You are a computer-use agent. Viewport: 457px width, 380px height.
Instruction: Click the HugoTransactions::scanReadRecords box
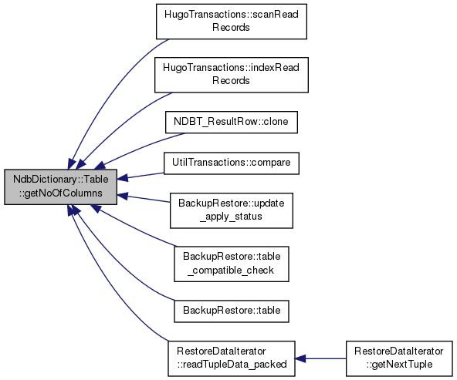[x=232, y=22]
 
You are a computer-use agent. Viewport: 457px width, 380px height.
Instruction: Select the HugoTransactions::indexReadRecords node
[x=232, y=75]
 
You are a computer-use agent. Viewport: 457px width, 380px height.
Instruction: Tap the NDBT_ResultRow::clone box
[x=232, y=123]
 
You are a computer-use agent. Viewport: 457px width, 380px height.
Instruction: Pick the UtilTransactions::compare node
[x=232, y=163]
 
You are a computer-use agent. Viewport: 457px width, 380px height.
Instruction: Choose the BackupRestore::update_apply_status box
[x=232, y=210]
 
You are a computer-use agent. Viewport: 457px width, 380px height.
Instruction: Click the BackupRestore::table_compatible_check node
[x=232, y=264]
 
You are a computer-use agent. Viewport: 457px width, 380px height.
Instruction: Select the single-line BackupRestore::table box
[x=232, y=311]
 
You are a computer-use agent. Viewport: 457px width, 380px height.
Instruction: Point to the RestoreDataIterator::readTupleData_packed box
[x=232, y=358]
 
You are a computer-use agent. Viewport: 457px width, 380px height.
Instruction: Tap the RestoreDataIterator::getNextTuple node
[x=399, y=358]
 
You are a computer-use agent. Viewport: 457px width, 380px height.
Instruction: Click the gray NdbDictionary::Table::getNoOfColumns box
[x=61, y=187]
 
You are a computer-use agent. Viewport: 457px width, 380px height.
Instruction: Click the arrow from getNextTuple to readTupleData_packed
[x=320, y=358]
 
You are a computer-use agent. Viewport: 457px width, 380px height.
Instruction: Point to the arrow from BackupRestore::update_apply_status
[x=144, y=199]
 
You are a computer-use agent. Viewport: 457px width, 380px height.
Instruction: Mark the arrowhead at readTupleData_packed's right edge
[x=300, y=358]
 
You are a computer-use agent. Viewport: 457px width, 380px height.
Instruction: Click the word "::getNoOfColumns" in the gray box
[x=61, y=193]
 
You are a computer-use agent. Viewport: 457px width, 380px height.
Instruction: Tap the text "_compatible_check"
[x=231, y=271]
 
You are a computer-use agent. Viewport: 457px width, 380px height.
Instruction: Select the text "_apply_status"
[x=231, y=217]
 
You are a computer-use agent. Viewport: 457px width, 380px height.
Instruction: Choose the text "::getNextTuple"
[x=399, y=365]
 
